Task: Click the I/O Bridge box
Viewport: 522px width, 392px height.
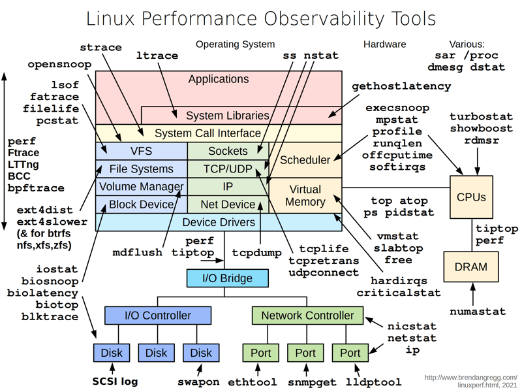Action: pyautogui.click(x=227, y=278)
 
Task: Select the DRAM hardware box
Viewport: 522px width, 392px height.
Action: pyautogui.click(x=470, y=267)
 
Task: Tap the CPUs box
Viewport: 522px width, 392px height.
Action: pyautogui.click(x=471, y=197)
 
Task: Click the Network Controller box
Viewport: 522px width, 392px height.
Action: pyautogui.click(x=307, y=316)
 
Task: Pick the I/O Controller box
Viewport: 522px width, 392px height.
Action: pyautogui.click(x=157, y=316)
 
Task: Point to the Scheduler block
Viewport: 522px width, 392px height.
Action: pyautogui.click(x=305, y=160)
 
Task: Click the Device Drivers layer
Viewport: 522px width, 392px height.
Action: pyautogui.click(x=218, y=222)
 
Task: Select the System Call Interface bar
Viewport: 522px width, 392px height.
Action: pyautogui.click(x=207, y=133)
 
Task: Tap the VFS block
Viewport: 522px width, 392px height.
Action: pyautogui.click(x=141, y=151)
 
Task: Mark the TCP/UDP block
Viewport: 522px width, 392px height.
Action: pyautogui.click(x=228, y=169)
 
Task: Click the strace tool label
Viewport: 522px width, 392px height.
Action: pyautogui.click(x=100, y=48)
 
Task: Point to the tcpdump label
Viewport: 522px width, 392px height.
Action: pyautogui.click(x=256, y=252)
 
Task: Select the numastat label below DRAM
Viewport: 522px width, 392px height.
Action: pyautogui.click(x=478, y=312)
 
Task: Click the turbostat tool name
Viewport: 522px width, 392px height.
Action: pyautogui.click(x=480, y=117)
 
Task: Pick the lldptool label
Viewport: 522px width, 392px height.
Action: pyautogui.click(x=374, y=382)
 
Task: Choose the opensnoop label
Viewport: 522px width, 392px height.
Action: pyautogui.click(x=59, y=65)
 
